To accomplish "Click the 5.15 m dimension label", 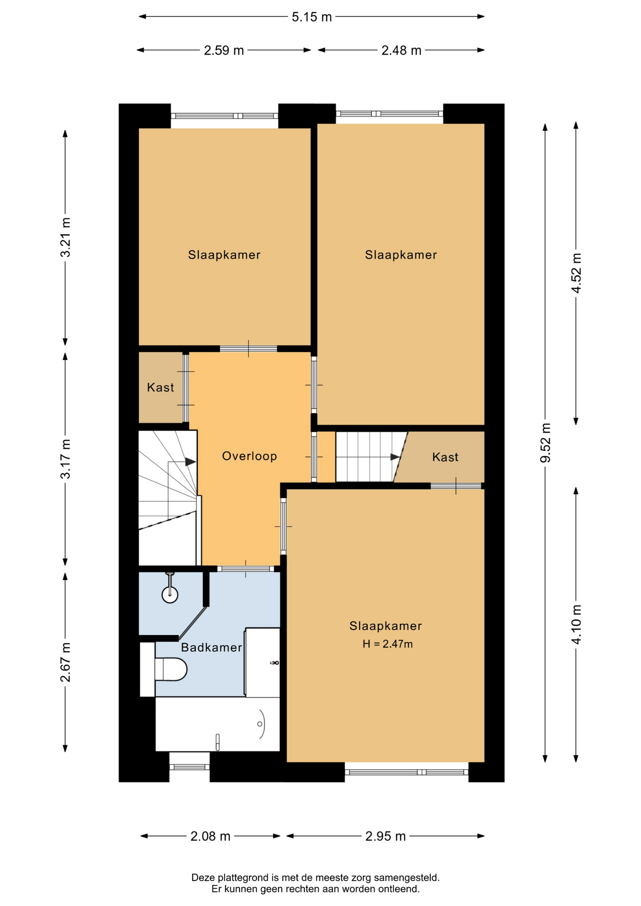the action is click(x=312, y=17).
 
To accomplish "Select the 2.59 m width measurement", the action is click(x=224, y=50).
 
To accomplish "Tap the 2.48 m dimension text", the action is click(x=401, y=50).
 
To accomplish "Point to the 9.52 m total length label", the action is click(x=546, y=443).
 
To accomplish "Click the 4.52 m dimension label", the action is click(x=576, y=273).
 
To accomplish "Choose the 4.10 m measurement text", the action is click(x=576, y=624).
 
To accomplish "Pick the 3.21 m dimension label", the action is click(x=65, y=237).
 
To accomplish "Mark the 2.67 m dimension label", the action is click(x=65, y=662).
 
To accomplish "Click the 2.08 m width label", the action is click(x=211, y=836).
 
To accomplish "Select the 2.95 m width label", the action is click(x=386, y=836).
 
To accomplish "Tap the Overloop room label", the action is click(x=249, y=456).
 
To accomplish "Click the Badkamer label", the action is click(x=211, y=647).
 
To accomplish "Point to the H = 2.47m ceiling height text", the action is click(x=388, y=644).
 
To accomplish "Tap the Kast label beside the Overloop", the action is click(x=160, y=387).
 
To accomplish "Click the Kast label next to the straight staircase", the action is click(x=445, y=457).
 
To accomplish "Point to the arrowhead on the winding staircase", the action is click(x=190, y=461).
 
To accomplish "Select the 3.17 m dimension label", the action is click(x=65, y=459).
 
